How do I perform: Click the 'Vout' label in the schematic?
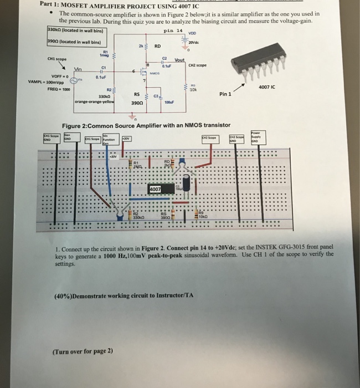tap(179, 60)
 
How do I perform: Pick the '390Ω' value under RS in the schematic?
tap(138, 103)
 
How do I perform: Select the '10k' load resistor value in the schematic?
tap(193, 90)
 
